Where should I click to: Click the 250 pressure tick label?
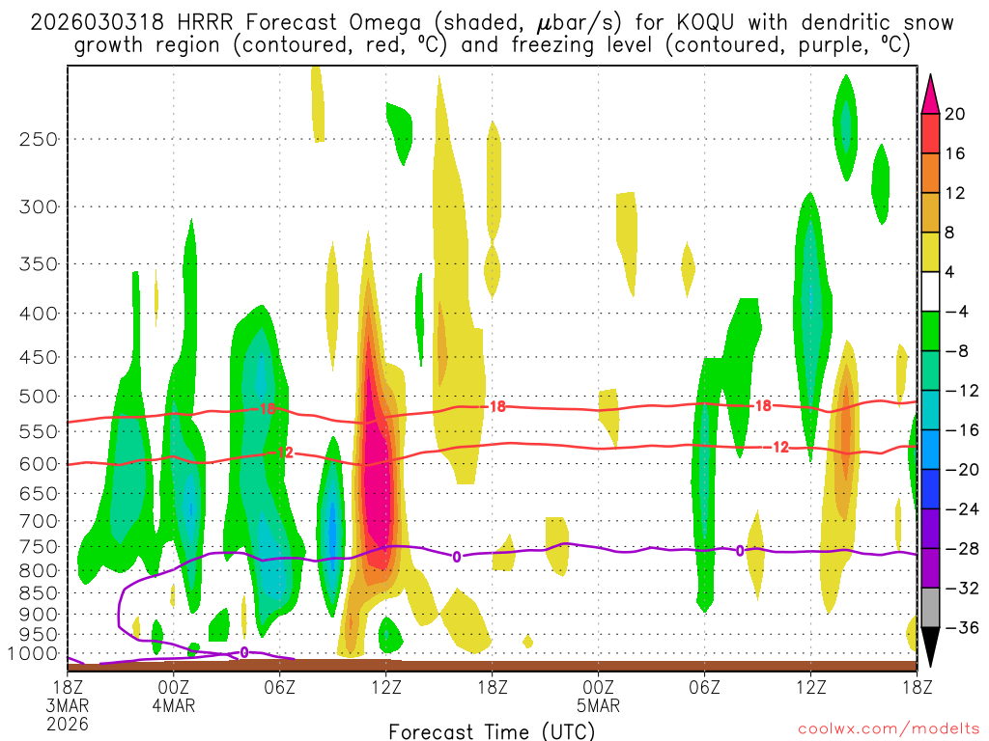tap(39, 139)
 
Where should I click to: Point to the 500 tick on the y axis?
tap(39, 397)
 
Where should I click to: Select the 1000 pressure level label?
tap(34, 654)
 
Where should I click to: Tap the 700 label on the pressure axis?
tap(39, 522)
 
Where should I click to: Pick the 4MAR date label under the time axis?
tap(174, 705)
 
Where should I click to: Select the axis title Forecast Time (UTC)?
tap(492, 730)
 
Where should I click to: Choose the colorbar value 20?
tap(955, 114)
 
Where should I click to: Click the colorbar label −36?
tap(960, 628)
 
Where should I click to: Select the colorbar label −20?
tap(960, 470)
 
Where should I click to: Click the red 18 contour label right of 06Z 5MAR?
tap(763, 405)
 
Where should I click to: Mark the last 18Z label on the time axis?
tap(917, 687)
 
